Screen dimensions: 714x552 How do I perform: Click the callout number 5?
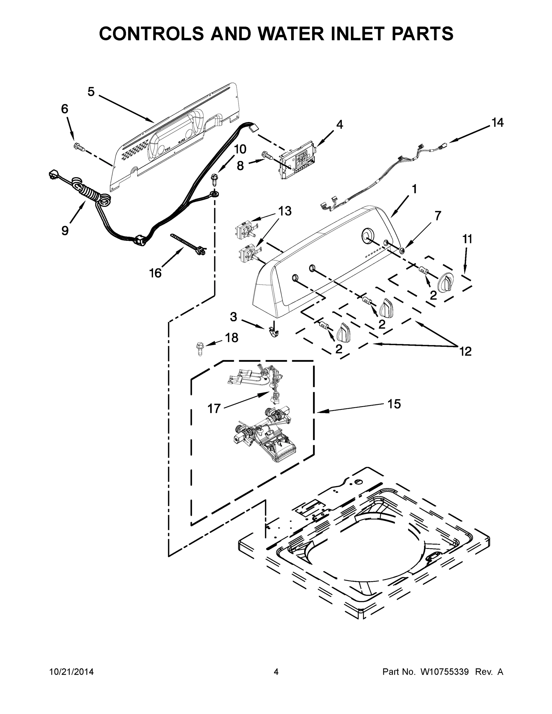click(x=91, y=92)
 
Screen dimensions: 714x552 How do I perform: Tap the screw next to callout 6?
click(x=79, y=147)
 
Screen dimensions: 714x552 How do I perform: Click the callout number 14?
click(x=497, y=123)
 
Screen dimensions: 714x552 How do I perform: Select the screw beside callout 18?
click(x=199, y=348)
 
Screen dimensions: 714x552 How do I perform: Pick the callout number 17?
click(x=214, y=408)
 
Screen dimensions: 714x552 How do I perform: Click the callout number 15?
click(x=394, y=404)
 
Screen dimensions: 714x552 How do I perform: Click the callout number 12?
click(x=465, y=351)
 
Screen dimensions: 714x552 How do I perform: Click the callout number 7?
click(x=437, y=216)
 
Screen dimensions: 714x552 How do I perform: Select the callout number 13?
click(x=284, y=211)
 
